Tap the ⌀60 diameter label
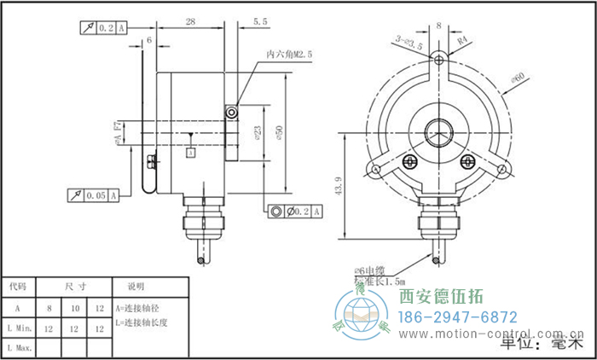tap(517, 79)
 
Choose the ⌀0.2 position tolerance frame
tap(296, 211)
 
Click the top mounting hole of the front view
tap(438, 58)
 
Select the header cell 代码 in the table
tap(18, 287)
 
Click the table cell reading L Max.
tap(20, 347)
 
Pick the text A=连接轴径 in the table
tap(138, 307)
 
